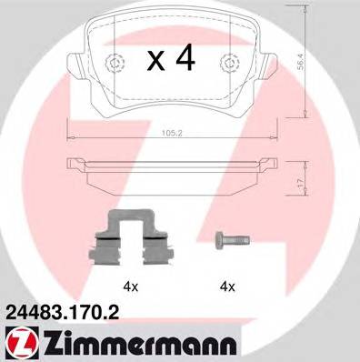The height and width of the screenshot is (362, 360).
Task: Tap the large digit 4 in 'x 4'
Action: (185, 60)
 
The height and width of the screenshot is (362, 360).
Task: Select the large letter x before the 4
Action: (156, 62)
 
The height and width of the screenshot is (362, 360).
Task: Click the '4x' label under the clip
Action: (131, 287)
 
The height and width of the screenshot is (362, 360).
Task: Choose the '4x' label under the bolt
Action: (227, 287)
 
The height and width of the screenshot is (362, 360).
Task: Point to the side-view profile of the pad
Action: (171, 170)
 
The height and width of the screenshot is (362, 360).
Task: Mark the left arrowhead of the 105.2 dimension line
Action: (69, 137)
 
